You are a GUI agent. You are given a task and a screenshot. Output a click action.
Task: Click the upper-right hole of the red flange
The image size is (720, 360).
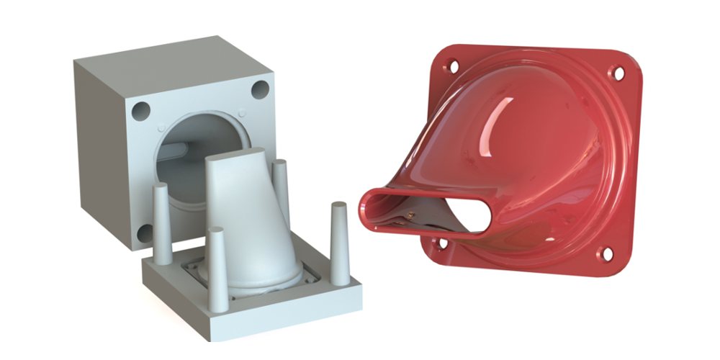point(616,72)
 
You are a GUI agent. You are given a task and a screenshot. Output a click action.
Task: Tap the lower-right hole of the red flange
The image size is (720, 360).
point(607,253)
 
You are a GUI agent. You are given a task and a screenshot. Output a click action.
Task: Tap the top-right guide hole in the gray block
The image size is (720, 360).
point(260,90)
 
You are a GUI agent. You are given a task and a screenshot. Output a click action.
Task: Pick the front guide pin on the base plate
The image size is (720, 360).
point(215,266)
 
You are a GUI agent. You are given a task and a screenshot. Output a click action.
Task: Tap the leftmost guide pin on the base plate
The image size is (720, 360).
point(162,220)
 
